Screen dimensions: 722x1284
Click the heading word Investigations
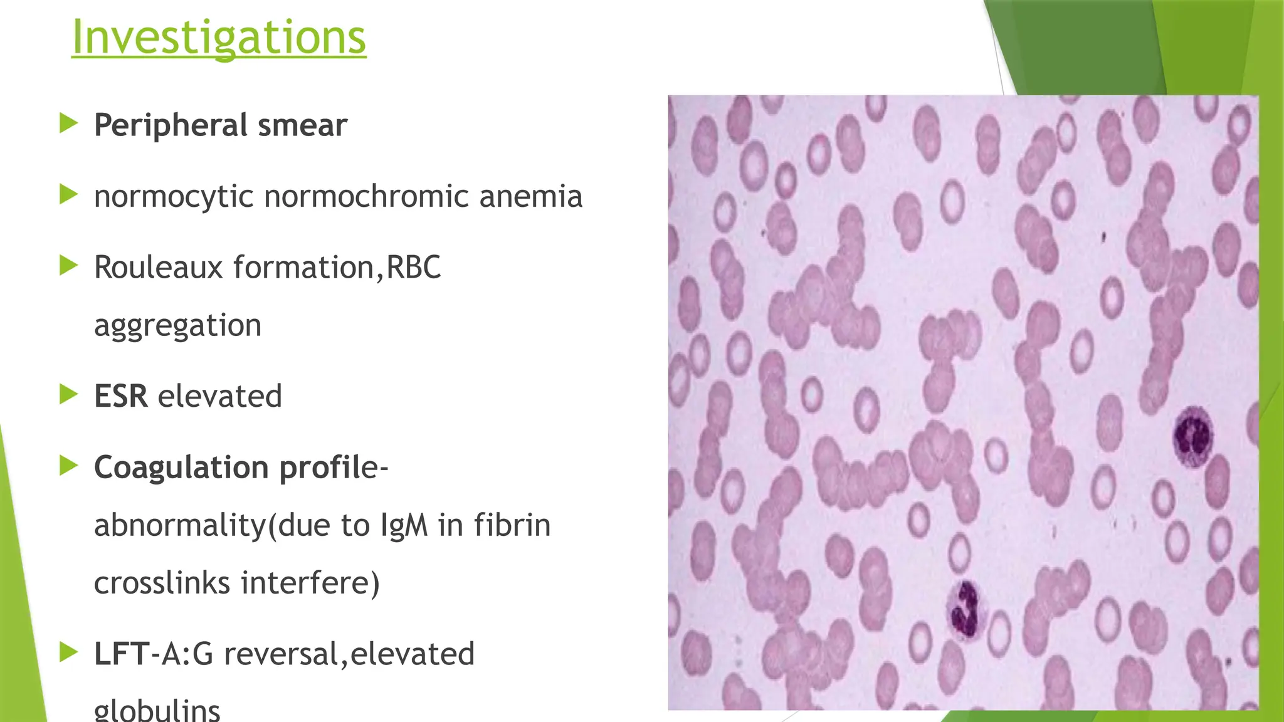[x=219, y=38]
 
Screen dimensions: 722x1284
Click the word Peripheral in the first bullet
[x=171, y=125]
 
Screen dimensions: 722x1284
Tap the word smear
[x=302, y=125]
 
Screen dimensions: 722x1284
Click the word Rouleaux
[x=159, y=268]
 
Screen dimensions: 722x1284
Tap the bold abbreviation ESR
[x=121, y=396]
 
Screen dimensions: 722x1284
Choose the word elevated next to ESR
[x=219, y=396]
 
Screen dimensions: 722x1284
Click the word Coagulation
[x=181, y=468]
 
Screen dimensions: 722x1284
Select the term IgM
[x=404, y=525]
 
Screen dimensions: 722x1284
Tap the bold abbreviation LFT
[x=122, y=654]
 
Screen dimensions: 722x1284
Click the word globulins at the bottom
[x=157, y=710]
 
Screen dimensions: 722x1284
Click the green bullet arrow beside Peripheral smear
[x=68, y=123]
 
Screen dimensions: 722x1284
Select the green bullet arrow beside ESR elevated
[x=68, y=395]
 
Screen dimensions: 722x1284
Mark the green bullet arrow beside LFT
[x=68, y=652]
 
